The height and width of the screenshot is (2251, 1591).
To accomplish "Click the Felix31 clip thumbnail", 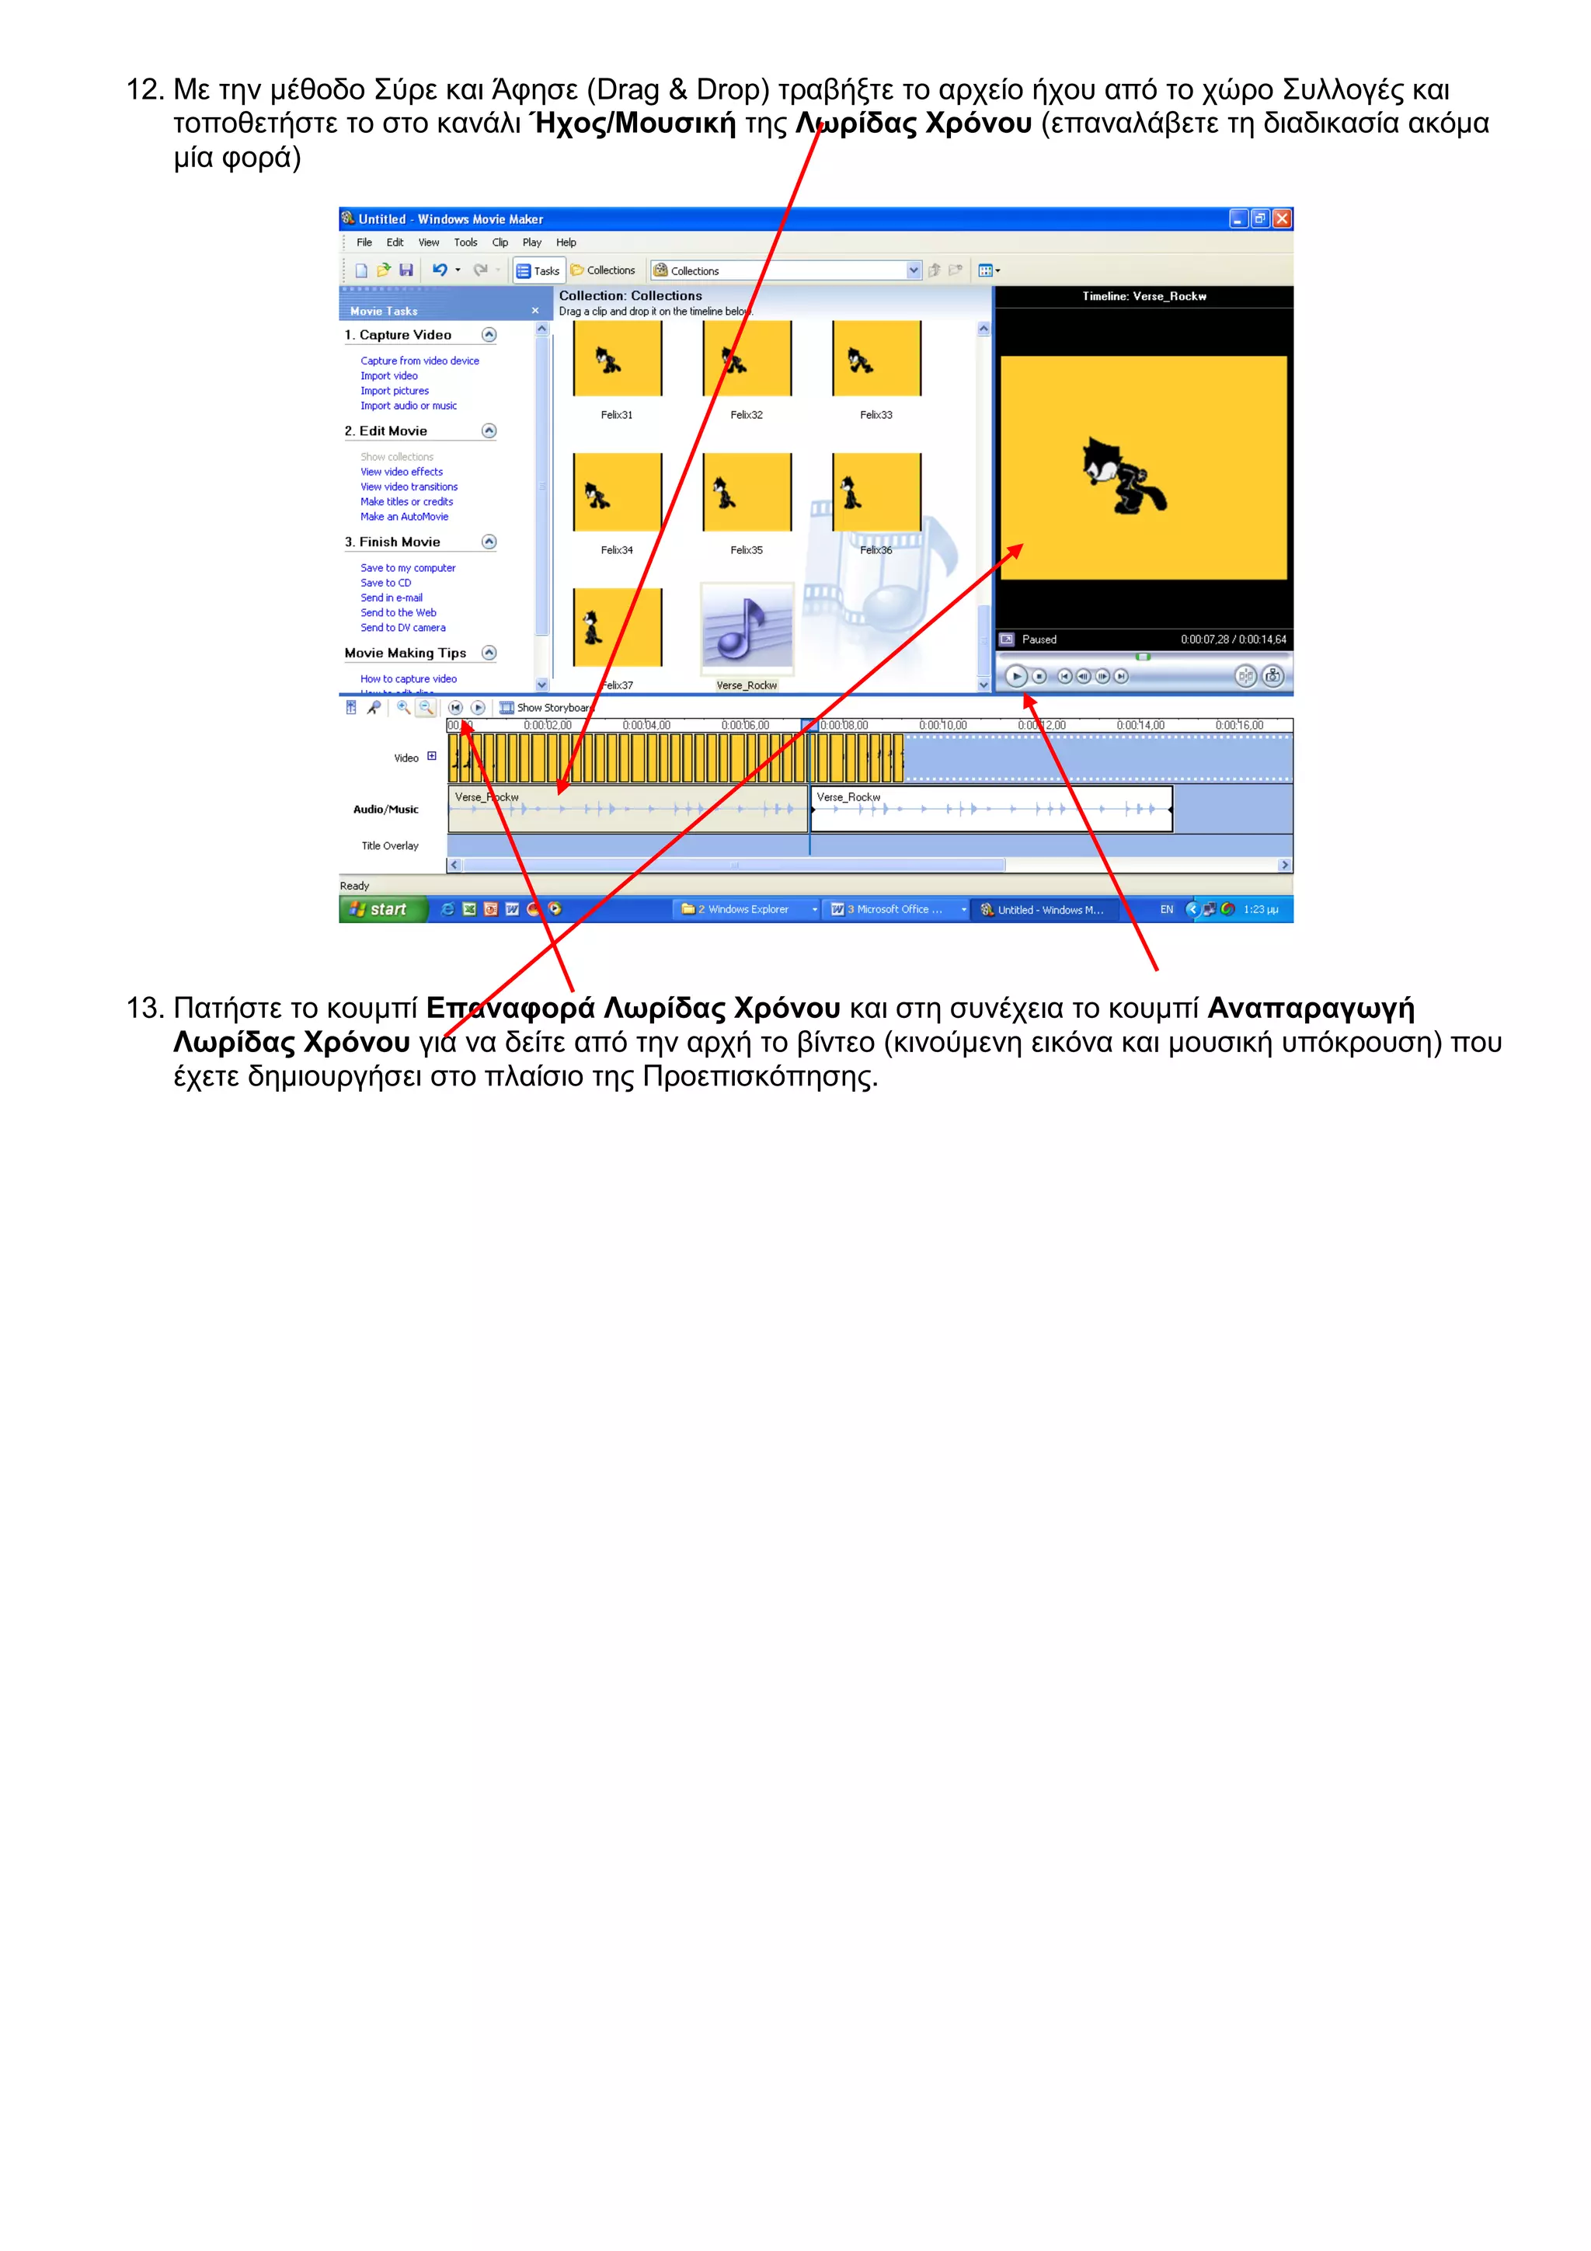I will pos(617,359).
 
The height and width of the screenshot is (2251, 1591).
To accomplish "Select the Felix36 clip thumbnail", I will pos(876,492).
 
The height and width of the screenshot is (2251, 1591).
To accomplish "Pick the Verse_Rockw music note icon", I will pos(746,628).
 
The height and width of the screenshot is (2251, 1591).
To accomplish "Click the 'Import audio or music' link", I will pos(408,406).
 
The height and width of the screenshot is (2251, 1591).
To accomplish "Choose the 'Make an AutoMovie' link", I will pos(404,517).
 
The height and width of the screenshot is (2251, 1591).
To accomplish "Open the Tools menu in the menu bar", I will pos(465,243).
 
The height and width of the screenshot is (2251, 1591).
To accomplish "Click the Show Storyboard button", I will pos(545,708).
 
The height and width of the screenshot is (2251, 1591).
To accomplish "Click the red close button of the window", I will pos(1281,218).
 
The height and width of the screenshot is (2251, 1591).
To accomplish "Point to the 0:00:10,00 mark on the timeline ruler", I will pos(942,726).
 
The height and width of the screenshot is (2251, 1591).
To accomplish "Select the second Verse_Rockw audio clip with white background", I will pos(990,810).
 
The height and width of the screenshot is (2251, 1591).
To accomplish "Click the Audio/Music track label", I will pos(385,810).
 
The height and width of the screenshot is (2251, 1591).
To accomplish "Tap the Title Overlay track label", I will pos(389,846).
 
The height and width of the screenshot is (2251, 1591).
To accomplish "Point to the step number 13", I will pos(144,1009).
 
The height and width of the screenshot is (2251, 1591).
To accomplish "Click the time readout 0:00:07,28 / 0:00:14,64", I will pos(1232,640).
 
